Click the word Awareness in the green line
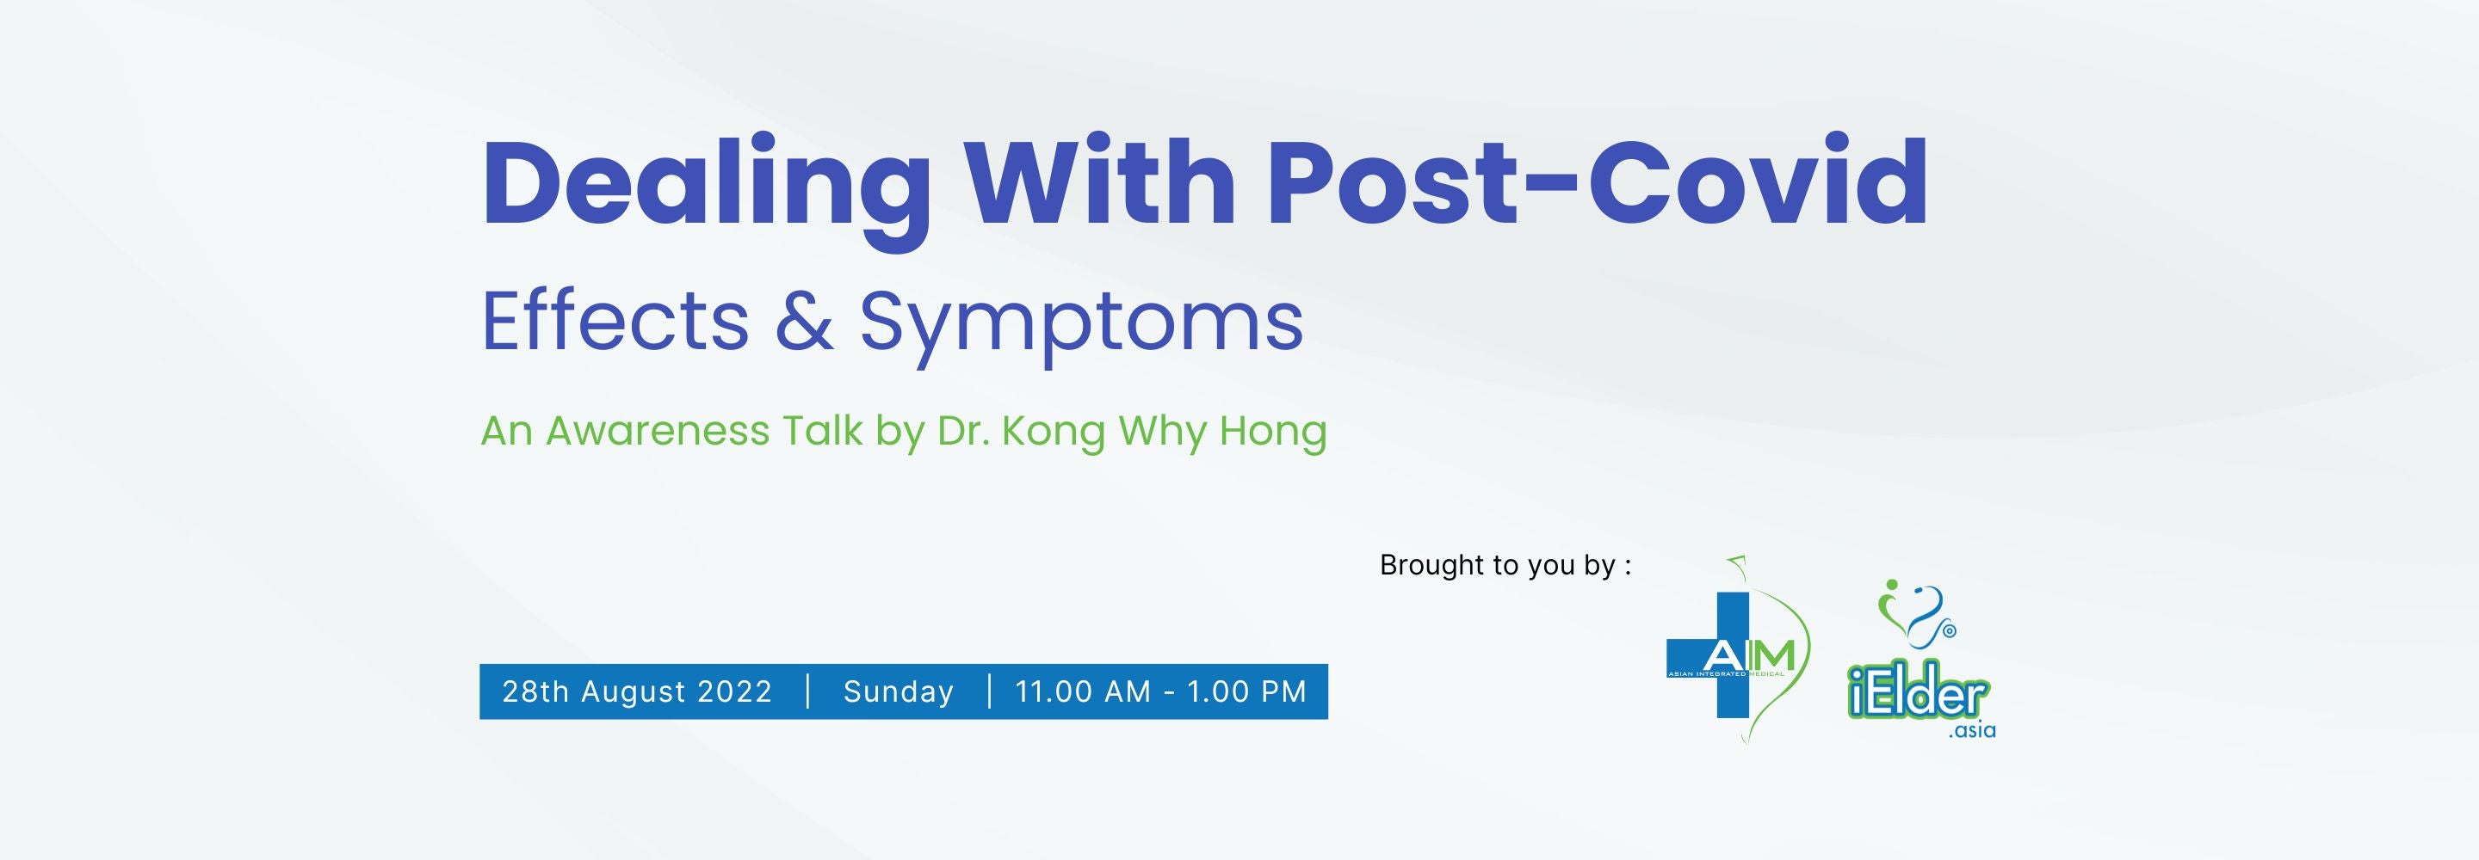pos(658,431)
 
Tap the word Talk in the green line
pos(821,431)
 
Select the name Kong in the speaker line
pos(1053,433)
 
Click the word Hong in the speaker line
pos(1273,433)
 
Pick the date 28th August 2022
pos(637,691)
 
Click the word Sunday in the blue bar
pos(898,691)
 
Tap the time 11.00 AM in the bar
pos(1083,691)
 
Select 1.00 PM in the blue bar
pos(1246,691)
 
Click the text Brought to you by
pos(1504,565)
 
